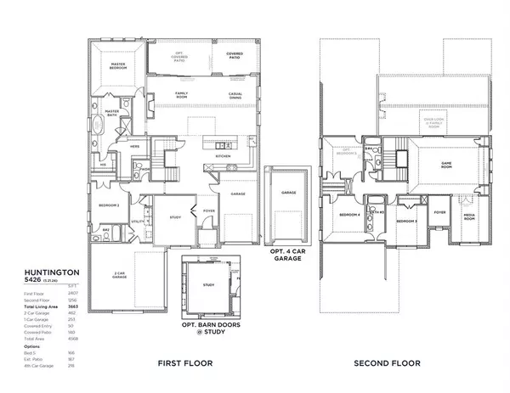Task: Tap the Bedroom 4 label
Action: click(x=350, y=216)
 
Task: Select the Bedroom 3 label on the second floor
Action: click(x=408, y=221)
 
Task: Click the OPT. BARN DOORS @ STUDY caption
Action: click(x=210, y=329)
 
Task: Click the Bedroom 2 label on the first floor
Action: click(x=108, y=205)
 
